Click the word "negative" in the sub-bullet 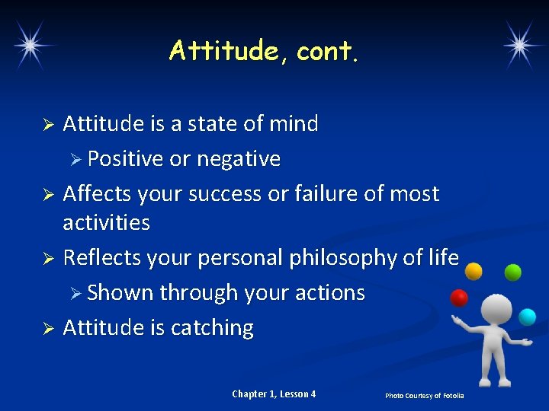[x=239, y=159]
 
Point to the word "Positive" [x=125, y=159]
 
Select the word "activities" [x=106, y=223]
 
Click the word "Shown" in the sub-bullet [x=120, y=293]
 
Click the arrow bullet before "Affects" [x=47, y=195]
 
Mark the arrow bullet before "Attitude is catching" [x=47, y=329]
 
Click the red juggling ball [x=459, y=298]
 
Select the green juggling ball [x=513, y=272]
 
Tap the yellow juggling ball [x=474, y=270]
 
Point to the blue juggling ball [x=527, y=316]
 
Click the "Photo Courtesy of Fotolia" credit [x=424, y=396]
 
